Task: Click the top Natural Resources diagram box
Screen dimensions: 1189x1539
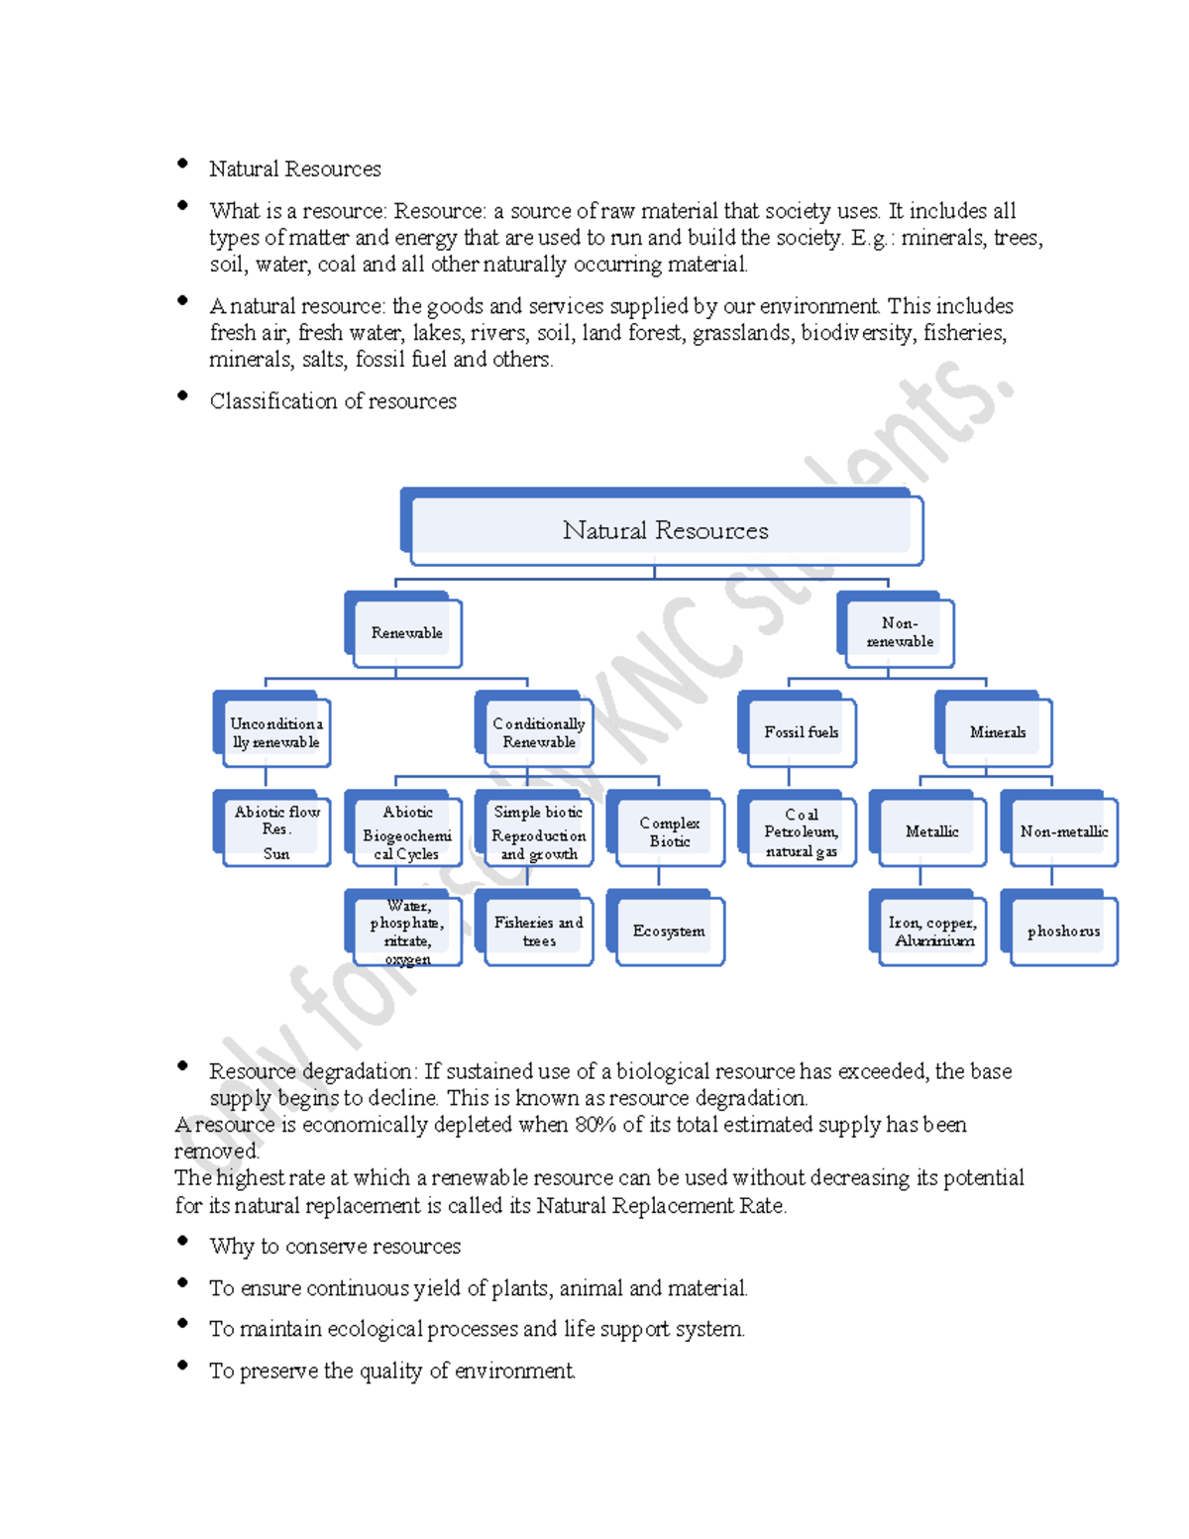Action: pyautogui.click(x=664, y=530)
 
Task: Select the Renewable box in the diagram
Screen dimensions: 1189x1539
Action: pyautogui.click(x=406, y=633)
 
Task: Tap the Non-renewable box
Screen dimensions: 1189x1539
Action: pyautogui.click(x=899, y=632)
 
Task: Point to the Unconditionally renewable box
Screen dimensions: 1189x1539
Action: pyautogui.click(x=274, y=733)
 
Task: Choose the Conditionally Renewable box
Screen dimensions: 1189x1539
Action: pyautogui.click(x=538, y=733)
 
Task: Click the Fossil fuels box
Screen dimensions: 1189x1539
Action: pyautogui.click(x=801, y=732)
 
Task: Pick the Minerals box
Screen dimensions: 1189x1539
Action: pyautogui.click(x=997, y=732)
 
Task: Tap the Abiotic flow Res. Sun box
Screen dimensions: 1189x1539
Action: pyautogui.click(x=275, y=831)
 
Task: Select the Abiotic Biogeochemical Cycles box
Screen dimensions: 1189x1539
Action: pyautogui.click(x=406, y=831)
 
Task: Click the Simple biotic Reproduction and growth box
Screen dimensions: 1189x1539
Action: pyautogui.click(x=538, y=831)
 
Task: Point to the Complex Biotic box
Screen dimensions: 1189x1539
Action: pyautogui.click(x=669, y=831)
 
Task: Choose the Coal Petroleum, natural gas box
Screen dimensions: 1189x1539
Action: pyautogui.click(x=801, y=831)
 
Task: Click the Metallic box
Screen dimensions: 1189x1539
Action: pyautogui.click(x=931, y=831)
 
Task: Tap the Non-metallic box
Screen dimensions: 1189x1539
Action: pyautogui.click(x=1063, y=831)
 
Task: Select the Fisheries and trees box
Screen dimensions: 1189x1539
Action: pyautogui.click(x=538, y=931)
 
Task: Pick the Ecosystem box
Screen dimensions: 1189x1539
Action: pyautogui.click(x=669, y=931)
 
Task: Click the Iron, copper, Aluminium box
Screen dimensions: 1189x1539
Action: pyautogui.click(x=931, y=931)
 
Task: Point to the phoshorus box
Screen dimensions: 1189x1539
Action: pyautogui.click(x=1063, y=931)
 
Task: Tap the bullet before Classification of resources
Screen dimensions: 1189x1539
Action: pyautogui.click(x=182, y=395)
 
